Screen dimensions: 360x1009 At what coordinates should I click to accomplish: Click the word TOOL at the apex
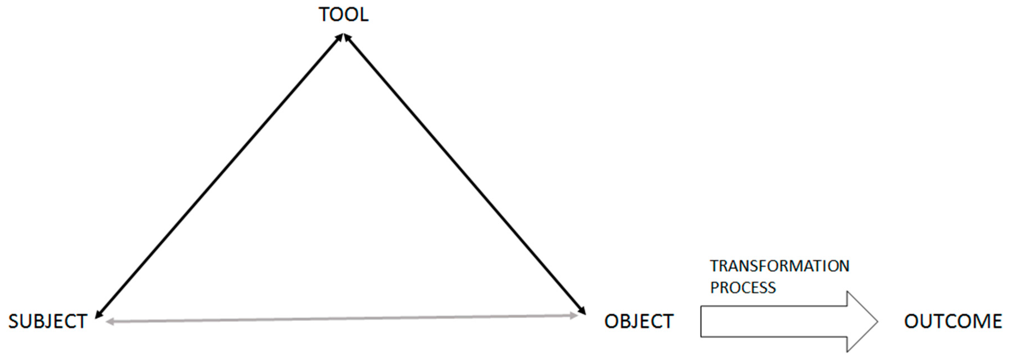[343, 15]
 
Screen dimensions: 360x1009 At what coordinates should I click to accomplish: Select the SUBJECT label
[48, 322]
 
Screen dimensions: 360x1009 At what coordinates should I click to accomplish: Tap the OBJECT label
[639, 322]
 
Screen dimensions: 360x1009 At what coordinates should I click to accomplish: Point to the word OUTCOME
[953, 322]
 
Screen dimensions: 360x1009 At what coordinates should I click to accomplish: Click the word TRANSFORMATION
[780, 266]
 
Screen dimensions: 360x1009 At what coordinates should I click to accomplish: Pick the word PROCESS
[743, 288]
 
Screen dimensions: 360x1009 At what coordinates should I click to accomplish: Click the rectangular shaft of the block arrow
[774, 322]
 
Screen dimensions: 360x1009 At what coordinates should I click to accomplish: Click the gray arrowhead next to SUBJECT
[110, 322]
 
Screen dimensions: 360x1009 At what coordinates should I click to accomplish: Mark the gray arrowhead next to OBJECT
[575, 315]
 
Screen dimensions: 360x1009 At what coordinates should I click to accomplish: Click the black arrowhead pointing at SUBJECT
[98, 313]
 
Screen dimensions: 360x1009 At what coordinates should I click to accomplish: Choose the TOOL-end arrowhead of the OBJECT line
[347, 38]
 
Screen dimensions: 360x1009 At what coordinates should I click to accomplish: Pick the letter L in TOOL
[364, 15]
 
